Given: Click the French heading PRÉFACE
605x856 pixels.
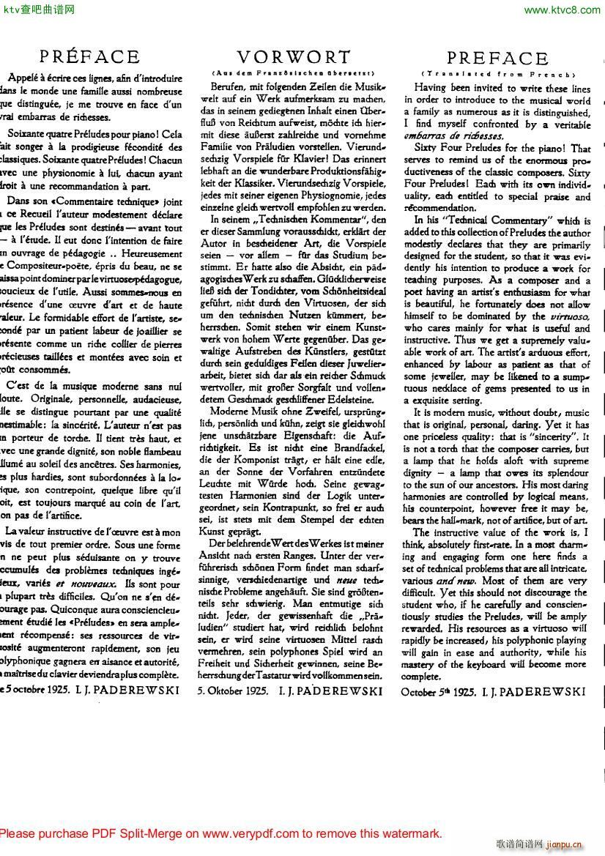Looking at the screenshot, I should (x=90, y=57).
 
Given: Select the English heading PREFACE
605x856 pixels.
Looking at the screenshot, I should (x=497, y=59).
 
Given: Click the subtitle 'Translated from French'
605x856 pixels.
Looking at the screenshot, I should (x=497, y=74).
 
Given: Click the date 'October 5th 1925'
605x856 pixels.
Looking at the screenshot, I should (x=439, y=691).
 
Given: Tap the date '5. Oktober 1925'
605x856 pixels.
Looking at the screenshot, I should (x=232, y=690).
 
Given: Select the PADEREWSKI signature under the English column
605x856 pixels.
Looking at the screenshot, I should (x=542, y=691).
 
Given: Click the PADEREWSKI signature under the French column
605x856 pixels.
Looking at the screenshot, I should (x=132, y=690).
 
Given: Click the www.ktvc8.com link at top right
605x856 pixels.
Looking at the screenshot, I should (x=562, y=10).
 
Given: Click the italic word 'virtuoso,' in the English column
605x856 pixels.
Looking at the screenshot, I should (x=569, y=316).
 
